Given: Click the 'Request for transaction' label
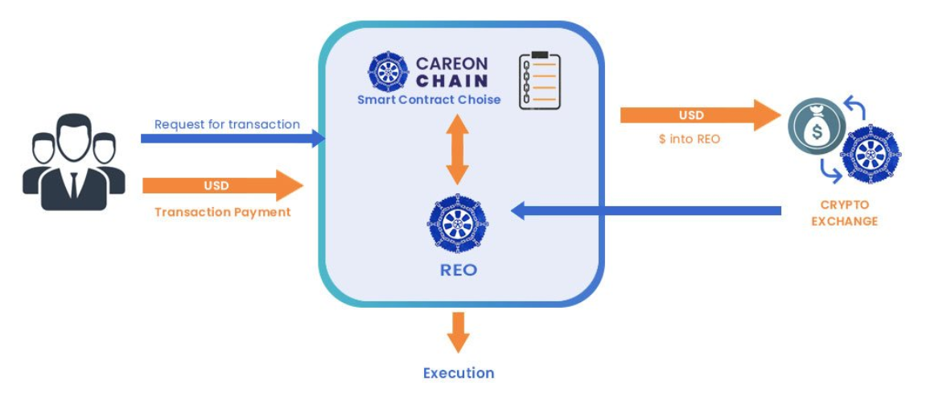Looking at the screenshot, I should click(x=227, y=124).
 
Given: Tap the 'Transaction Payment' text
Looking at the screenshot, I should click(x=223, y=212).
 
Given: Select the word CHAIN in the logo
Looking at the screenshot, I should click(x=451, y=81).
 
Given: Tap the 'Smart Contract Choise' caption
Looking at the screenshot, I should click(x=429, y=100).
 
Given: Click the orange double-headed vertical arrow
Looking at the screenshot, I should click(x=458, y=149).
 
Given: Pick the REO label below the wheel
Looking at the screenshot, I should click(x=459, y=270).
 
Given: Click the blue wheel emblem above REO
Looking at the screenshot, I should click(x=458, y=224).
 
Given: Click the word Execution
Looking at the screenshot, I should click(x=459, y=373).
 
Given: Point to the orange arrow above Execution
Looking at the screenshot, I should click(x=459, y=330).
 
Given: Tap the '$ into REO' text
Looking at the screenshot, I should click(x=689, y=139).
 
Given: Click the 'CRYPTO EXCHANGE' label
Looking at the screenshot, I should click(x=844, y=213).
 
